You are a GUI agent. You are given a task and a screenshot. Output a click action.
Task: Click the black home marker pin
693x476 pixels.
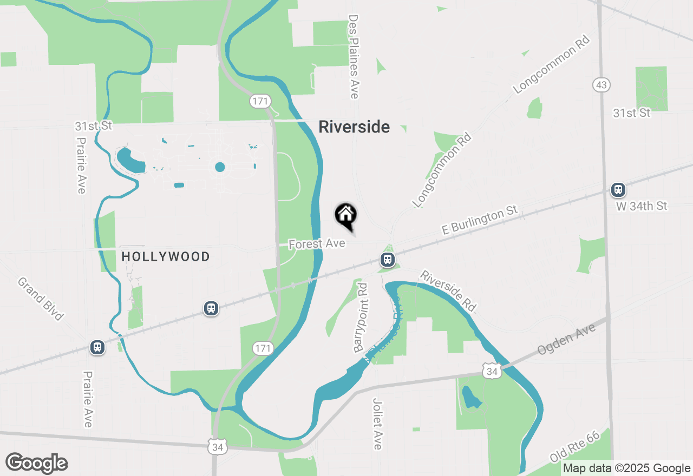(x=345, y=215)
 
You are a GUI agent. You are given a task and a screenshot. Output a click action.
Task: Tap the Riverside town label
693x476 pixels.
(x=354, y=127)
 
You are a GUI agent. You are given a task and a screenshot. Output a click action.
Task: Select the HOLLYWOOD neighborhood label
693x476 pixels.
(x=166, y=256)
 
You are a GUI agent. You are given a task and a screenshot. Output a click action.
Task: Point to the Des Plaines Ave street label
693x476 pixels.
(x=354, y=57)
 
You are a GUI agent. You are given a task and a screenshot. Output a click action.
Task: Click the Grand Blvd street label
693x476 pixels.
(x=41, y=299)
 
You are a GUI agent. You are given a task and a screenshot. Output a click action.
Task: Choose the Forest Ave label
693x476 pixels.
(x=317, y=244)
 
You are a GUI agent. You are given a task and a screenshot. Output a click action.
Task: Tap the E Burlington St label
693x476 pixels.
(x=480, y=220)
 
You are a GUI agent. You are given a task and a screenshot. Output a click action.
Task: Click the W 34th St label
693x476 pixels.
(x=642, y=206)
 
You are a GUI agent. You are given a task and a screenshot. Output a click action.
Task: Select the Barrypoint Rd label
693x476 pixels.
(x=361, y=318)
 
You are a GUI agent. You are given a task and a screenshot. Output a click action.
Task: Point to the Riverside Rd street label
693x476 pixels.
(x=448, y=291)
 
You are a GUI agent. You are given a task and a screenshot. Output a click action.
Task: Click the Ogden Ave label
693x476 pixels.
(x=566, y=339)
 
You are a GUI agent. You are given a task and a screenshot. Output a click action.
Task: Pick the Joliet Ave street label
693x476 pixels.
(x=377, y=424)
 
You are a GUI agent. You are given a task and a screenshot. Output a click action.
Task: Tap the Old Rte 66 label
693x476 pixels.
(x=574, y=447)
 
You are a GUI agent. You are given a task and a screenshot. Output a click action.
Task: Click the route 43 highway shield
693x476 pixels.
(x=602, y=85)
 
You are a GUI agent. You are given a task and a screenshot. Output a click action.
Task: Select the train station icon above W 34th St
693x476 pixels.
(x=618, y=190)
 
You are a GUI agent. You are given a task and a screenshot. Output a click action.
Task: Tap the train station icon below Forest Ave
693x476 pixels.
(x=387, y=260)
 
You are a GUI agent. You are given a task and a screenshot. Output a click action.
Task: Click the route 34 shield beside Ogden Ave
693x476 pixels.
(x=492, y=371)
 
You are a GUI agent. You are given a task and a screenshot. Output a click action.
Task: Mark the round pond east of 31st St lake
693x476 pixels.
(x=220, y=167)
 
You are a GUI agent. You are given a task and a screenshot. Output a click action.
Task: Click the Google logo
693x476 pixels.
(x=36, y=464)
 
